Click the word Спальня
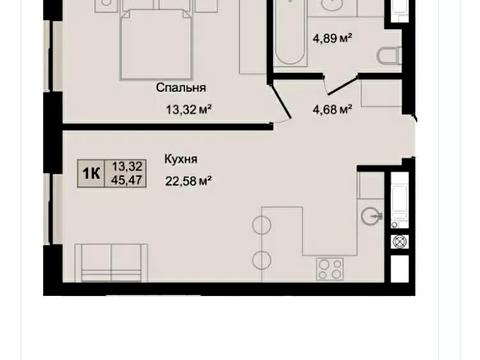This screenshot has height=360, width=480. (x=181, y=88)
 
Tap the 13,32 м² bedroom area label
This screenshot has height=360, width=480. (x=189, y=109)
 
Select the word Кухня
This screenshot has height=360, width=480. (x=181, y=159)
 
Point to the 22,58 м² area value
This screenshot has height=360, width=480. (x=189, y=181)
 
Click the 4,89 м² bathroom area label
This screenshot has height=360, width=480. (x=332, y=38)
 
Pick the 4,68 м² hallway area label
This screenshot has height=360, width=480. (x=332, y=109)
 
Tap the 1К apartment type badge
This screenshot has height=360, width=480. (x=91, y=173)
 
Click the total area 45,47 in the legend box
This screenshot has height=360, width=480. (x=127, y=180)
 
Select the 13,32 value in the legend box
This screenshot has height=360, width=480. (x=127, y=166)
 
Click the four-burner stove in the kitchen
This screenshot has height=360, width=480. (x=330, y=269)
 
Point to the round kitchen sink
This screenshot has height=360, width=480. (x=371, y=216)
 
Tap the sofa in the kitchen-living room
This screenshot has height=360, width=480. (x=111, y=263)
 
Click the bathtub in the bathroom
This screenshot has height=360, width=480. (x=289, y=33)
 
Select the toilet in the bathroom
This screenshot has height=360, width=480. (x=389, y=56)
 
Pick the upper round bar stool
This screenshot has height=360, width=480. (x=262, y=225)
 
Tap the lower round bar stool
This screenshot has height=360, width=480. (x=262, y=260)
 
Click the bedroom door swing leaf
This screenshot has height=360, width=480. (x=281, y=101)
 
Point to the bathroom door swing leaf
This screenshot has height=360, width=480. (x=341, y=86)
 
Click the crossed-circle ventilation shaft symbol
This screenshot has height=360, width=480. (x=400, y=241)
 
